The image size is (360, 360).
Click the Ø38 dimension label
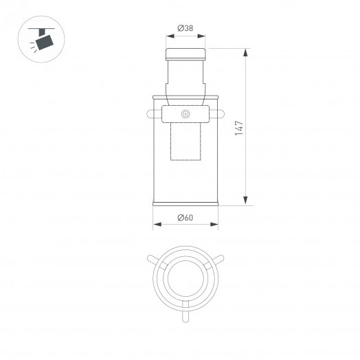[x=185, y=28]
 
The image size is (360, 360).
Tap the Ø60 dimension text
[x=185, y=218]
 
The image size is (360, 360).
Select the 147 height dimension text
[x=238, y=127]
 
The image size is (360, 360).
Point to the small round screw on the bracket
[x=185, y=113]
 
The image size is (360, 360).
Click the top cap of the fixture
[x=185, y=54]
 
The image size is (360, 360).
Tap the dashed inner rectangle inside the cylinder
[x=185, y=140]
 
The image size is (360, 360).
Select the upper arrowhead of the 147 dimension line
[x=245, y=52]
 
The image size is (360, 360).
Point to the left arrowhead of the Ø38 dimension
[x=167, y=36]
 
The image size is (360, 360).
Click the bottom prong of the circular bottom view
[x=185, y=316]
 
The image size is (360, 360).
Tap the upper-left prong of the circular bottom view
[x=153, y=260]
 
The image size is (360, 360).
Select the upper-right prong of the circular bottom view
[x=218, y=260]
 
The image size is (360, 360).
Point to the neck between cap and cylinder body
[x=185, y=77]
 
